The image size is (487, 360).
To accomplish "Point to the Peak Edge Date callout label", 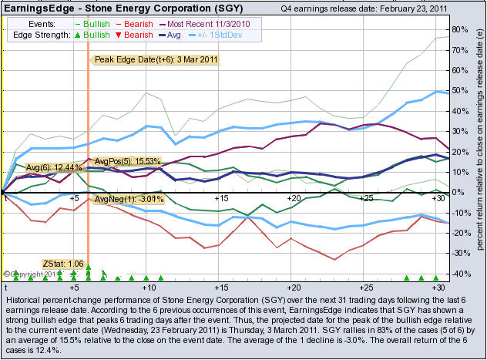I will (155, 59).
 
